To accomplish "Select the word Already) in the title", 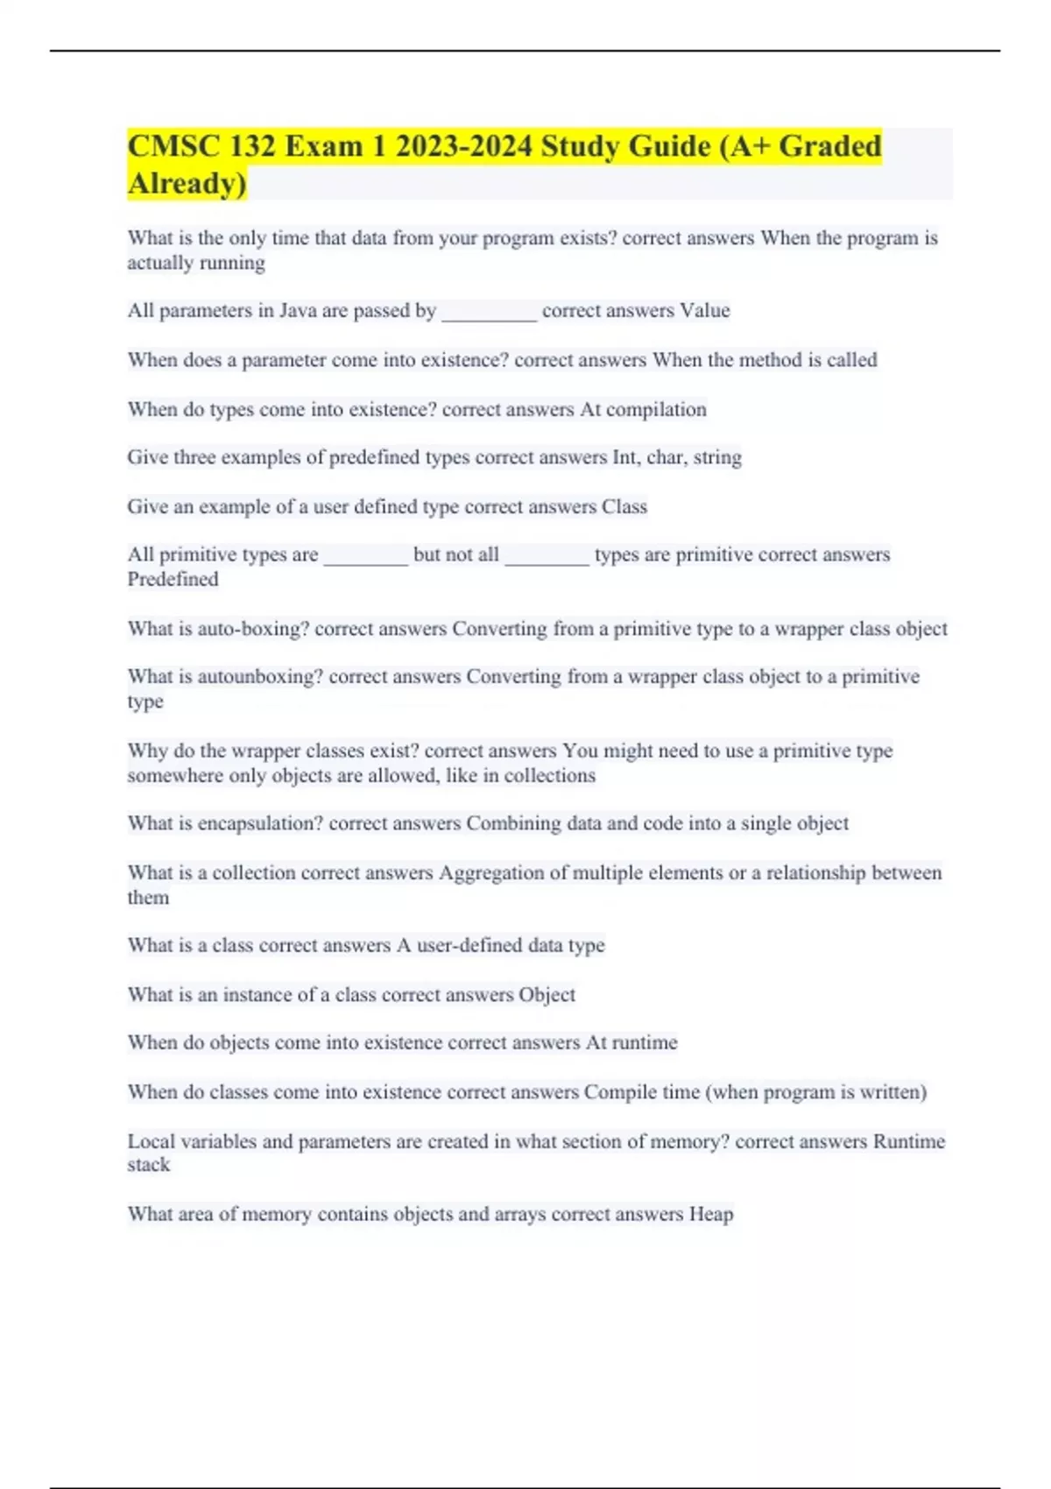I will pos(187,184).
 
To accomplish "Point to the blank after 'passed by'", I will pos(489,314).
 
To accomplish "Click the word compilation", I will pos(656,410).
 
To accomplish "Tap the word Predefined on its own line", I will pos(173,580).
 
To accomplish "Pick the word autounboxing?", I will pos(260,677).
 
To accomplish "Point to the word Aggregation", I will pos(491,873).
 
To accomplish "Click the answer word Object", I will pos(547,995).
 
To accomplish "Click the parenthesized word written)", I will pos(892,1092).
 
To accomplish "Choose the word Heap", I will pos(711,1215).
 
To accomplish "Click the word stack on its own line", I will pos(148,1166).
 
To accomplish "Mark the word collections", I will pos(549,776).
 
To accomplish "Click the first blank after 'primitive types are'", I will pos(365,558).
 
